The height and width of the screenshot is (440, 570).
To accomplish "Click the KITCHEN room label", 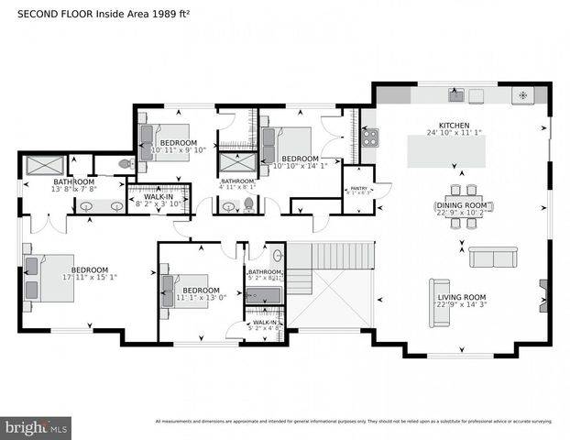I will [x=454, y=126].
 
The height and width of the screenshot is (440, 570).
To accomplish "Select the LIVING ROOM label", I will [x=461, y=297].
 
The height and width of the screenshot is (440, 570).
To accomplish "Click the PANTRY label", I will [x=358, y=188].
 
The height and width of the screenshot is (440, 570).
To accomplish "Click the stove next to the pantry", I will [x=370, y=137].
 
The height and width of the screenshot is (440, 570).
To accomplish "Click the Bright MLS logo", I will [x=36, y=427].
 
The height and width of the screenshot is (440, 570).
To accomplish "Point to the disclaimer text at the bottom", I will [x=354, y=422].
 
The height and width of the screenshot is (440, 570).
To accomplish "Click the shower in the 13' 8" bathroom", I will [x=43, y=166].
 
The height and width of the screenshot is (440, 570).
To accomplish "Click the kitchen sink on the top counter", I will [x=455, y=95].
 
